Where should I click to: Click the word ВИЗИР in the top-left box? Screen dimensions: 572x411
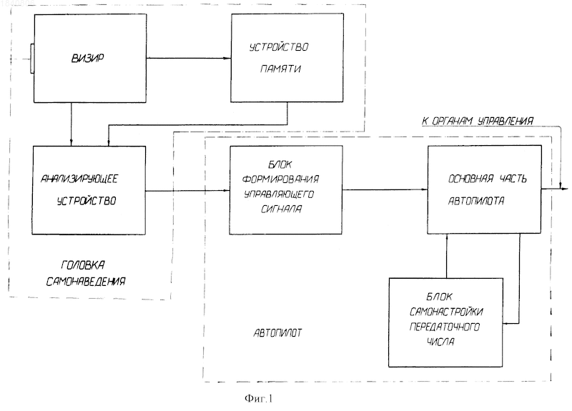tap(87, 59)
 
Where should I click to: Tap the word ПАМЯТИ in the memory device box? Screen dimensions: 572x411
tap(280, 69)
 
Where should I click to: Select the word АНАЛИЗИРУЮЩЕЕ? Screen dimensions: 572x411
tap(79, 179)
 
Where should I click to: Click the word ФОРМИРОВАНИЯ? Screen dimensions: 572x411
tap(280, 179)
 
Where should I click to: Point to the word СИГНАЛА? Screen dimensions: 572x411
tap(281, 209)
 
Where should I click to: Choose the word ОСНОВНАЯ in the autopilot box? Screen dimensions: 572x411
tap(470, 179)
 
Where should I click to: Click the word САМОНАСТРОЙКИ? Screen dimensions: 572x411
tap(446, 312)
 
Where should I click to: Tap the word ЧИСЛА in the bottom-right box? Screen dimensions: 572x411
tap(440, 342)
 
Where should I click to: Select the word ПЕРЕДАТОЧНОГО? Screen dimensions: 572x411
tap(444, 327)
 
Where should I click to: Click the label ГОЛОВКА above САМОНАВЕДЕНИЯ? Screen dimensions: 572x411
tap(83, 265)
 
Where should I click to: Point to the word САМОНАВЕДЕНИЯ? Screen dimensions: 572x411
tap(86, 282)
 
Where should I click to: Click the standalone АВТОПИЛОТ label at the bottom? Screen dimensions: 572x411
tap(277, 333)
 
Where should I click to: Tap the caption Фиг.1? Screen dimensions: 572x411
tap(259, 399)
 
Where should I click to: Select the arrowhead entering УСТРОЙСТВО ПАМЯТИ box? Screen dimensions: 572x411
tap(227, 59)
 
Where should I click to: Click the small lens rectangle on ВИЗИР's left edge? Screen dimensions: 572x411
tap(32, 59)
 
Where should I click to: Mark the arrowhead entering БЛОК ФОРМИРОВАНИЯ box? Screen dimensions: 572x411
tap(226, 190)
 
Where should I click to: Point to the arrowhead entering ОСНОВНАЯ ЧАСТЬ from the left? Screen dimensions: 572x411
tap(424, 189)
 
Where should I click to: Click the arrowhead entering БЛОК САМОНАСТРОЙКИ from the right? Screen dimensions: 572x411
tap(507, 323)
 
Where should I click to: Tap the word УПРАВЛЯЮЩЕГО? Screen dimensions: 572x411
tap(279, 194)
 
